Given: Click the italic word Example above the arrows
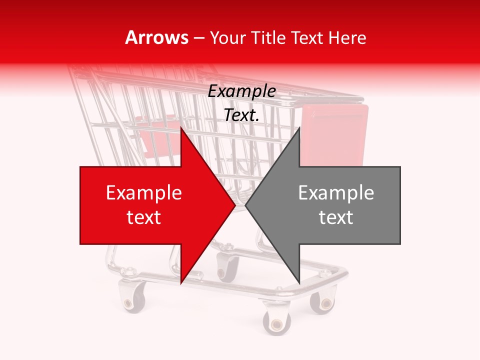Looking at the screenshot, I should pos(241,91).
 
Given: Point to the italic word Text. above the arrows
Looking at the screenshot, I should pos(241,115).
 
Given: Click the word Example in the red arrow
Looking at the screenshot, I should pos(144,193).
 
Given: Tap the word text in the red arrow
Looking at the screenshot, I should pos(144,217).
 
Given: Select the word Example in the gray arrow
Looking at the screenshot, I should pos(336,193).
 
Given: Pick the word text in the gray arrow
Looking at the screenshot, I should pos(336,217).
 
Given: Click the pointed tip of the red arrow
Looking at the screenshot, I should pos(235,205).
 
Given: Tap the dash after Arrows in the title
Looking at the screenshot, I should pos(198,38).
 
